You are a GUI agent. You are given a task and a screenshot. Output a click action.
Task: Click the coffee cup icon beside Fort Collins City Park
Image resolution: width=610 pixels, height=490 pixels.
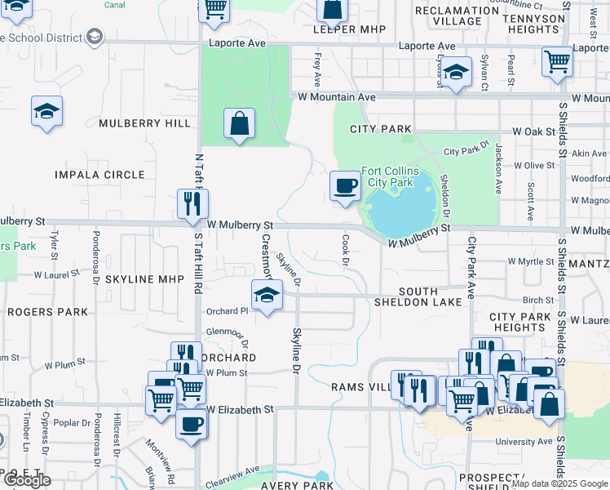(x=346, y=186)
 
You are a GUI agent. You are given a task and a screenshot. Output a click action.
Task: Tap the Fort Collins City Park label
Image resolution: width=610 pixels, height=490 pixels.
(x=391, y=176)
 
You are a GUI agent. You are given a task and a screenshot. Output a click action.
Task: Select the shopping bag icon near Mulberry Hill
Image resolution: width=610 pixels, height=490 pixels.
(x=238, y=125)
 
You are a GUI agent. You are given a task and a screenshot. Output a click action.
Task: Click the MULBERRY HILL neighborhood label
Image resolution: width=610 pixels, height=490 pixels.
(x=144, y=123)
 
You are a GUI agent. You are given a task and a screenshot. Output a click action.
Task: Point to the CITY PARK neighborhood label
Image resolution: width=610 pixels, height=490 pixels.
(x=380, y=129)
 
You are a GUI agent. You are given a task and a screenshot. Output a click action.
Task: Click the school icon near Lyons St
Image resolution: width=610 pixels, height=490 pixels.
(x=457, y=72)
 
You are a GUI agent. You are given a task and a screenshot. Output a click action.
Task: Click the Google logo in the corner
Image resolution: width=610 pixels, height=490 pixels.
(x=26, y=480)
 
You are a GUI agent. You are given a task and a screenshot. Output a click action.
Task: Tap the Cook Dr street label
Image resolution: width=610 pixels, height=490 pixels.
(x=345, y=251)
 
